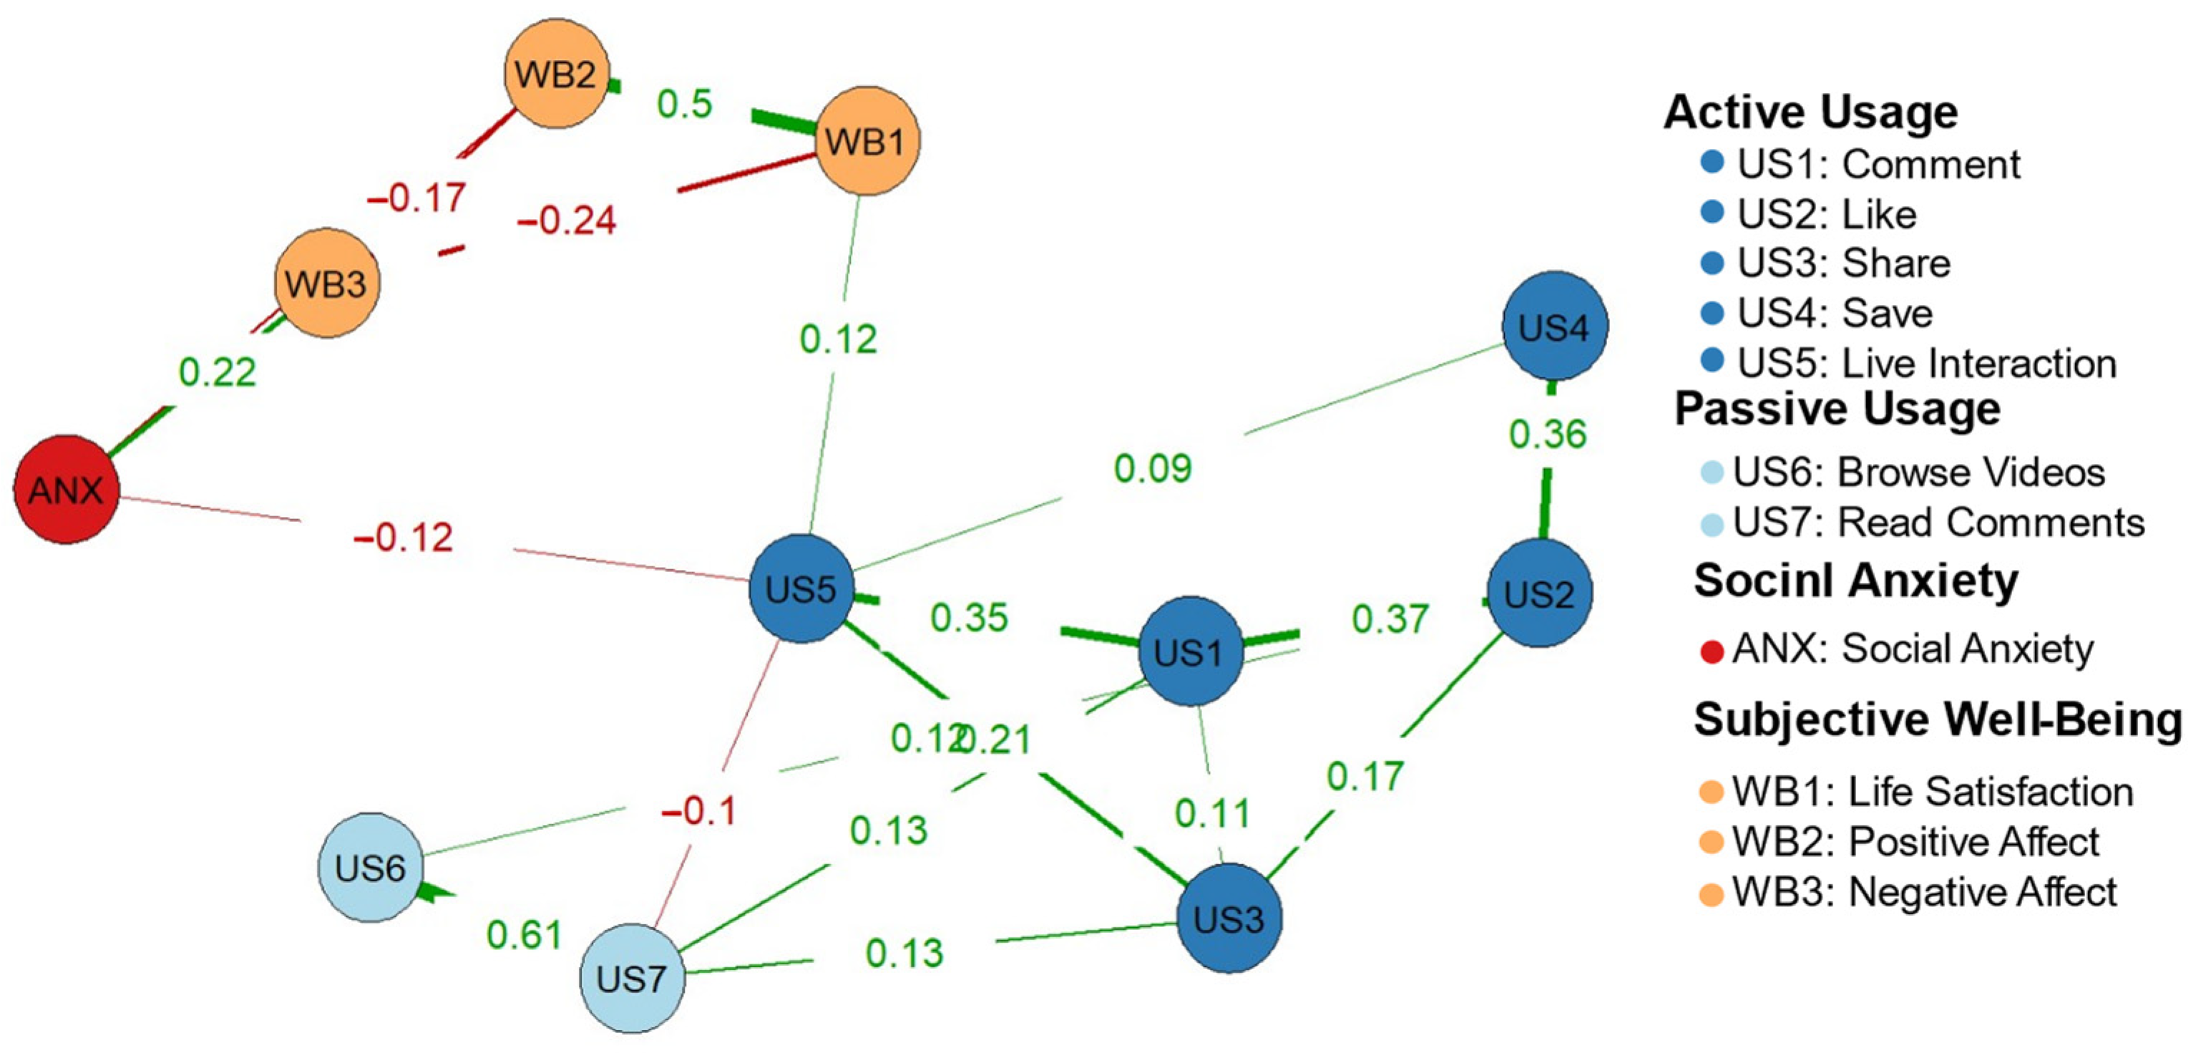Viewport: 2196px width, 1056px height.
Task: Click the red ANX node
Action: [x=67, y=490]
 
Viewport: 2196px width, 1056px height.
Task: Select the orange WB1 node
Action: [x=867, y=141]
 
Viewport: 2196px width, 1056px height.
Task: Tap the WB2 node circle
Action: [x=556, y=74]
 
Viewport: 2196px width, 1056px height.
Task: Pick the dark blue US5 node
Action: [x=801, y=588]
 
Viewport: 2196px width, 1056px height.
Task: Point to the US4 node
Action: [x=1555, y=326]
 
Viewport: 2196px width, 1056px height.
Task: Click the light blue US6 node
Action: [x=370, y=868]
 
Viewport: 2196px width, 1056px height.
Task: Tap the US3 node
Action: [x=1229, y=919]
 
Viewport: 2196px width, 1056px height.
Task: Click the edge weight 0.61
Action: [x=524, y=935]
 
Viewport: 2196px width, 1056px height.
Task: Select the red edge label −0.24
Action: [x=567, y=221]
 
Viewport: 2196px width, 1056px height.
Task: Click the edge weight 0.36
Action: [x=1547, y=434]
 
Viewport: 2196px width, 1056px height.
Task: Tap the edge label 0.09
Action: [x=1153, y=468]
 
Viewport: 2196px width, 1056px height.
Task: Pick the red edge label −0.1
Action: [x=698, y=810]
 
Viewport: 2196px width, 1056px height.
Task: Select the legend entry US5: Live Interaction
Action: [x=1927, y=364]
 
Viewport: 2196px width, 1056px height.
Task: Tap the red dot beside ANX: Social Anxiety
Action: [x=1712, y=651]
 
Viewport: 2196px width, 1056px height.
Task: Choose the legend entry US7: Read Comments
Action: [x=1938, y=522]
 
